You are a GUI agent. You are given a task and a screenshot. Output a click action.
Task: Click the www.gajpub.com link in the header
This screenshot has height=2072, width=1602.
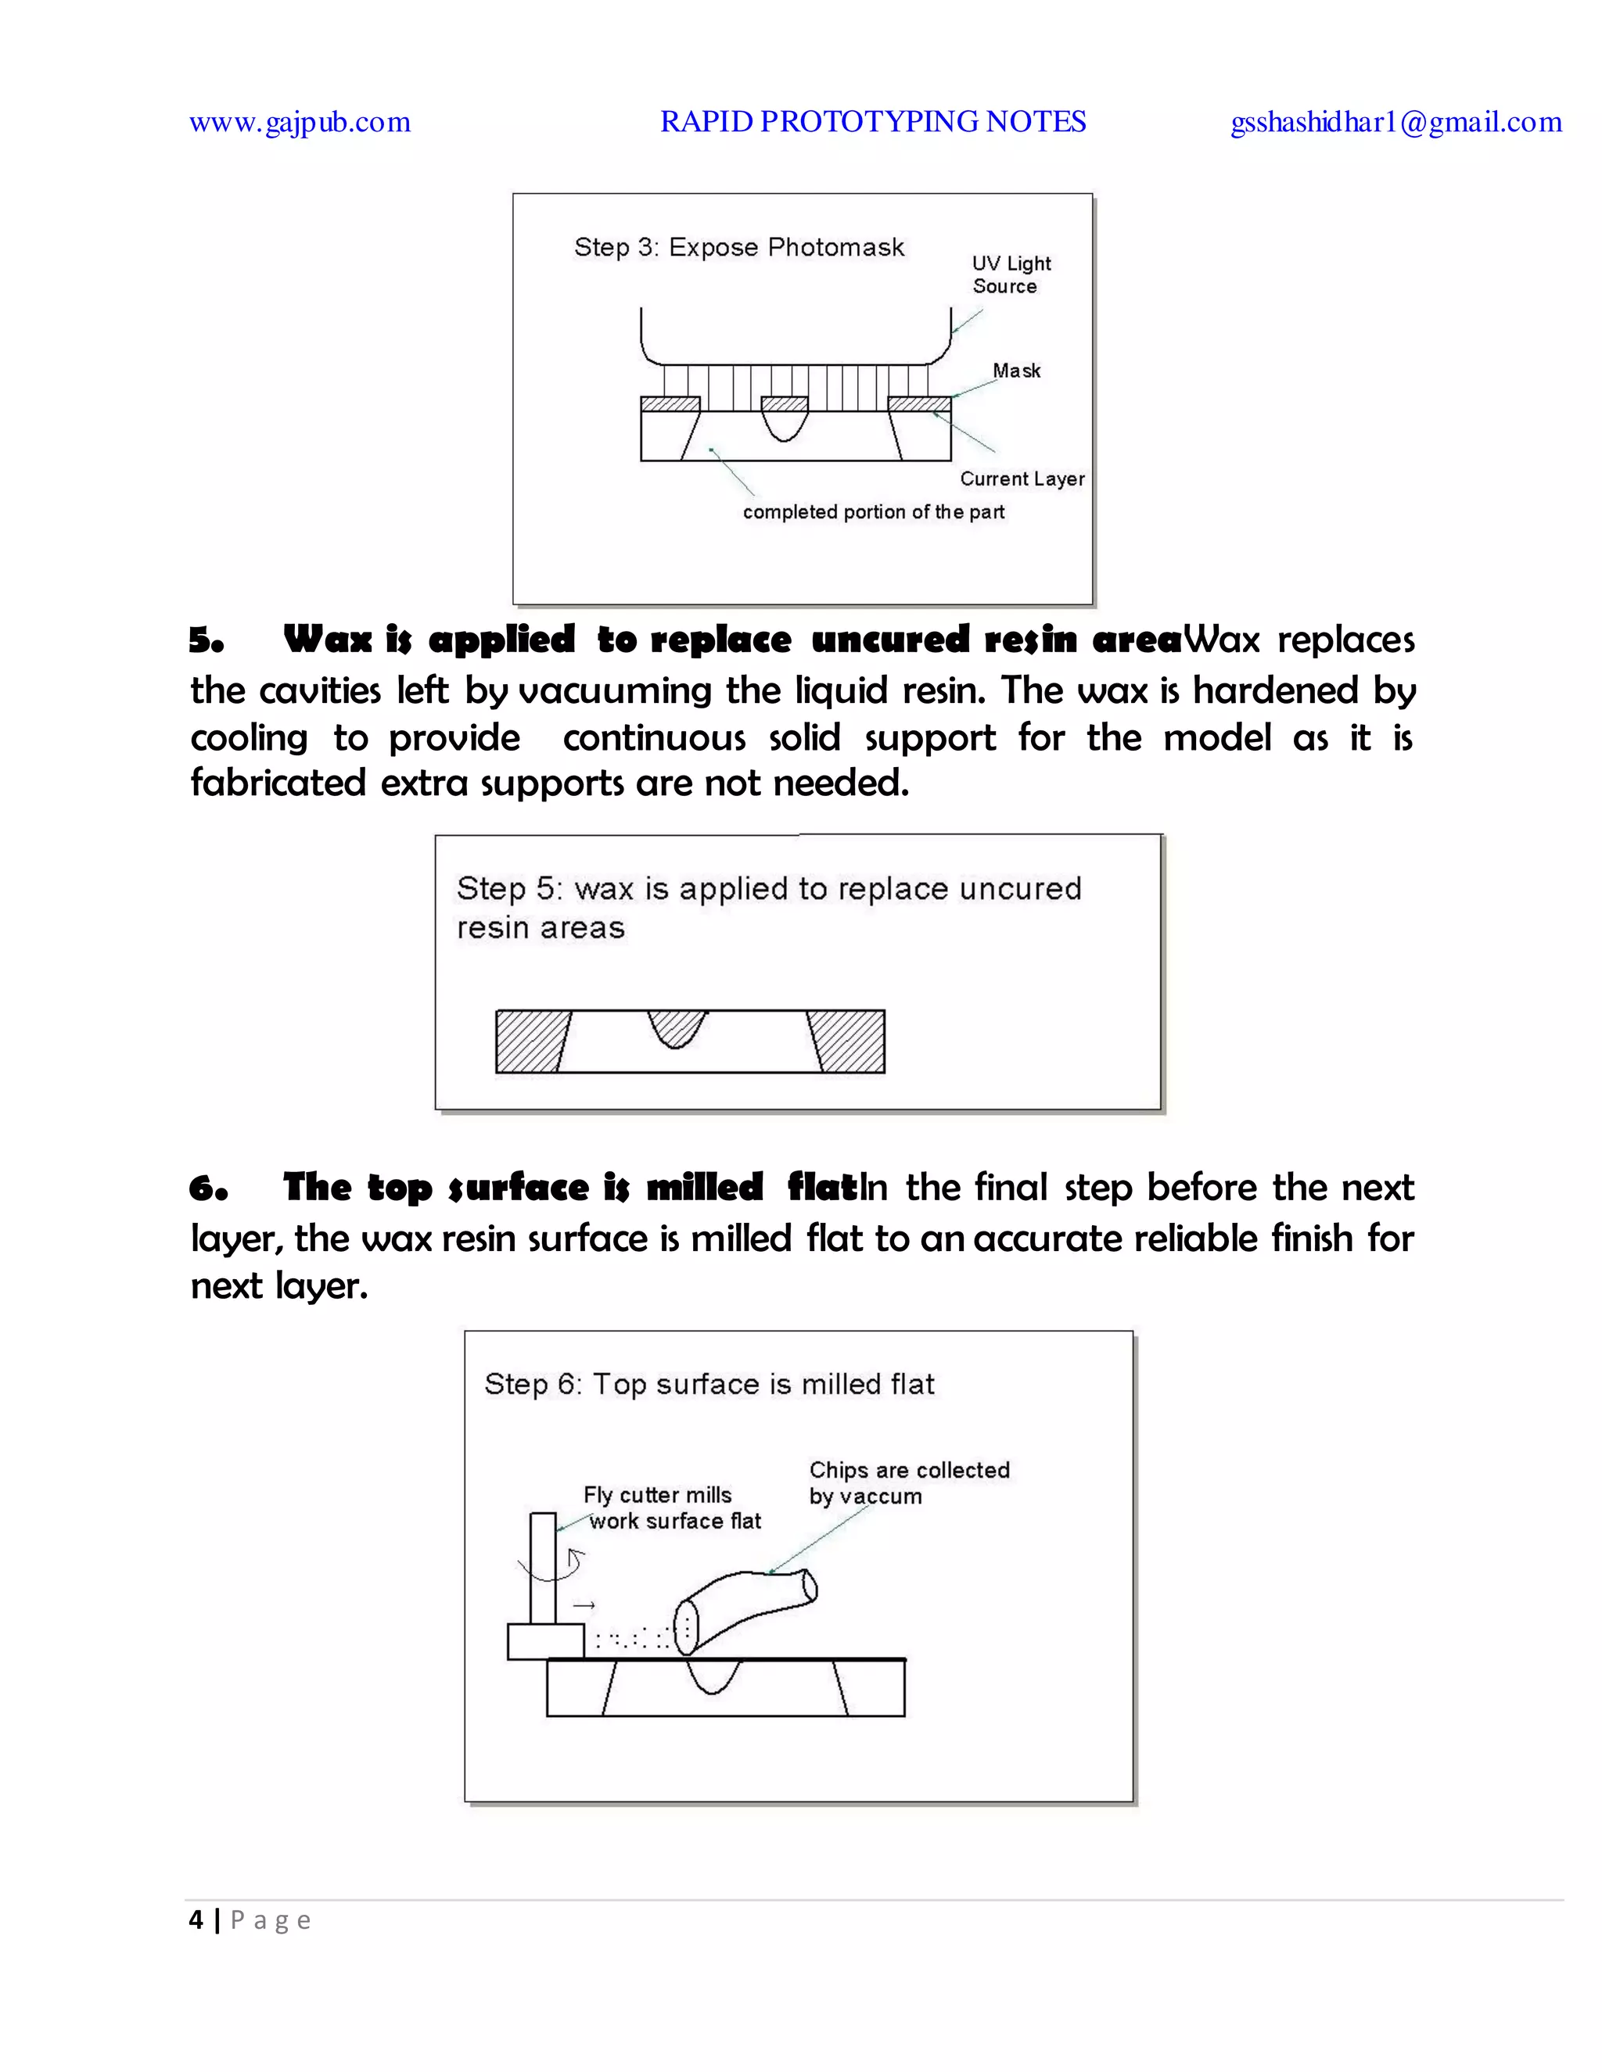299,123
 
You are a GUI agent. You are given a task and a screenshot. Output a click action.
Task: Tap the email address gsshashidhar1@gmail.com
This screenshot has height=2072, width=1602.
1395,123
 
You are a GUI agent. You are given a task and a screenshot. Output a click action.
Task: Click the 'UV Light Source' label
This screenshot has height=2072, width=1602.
1010,275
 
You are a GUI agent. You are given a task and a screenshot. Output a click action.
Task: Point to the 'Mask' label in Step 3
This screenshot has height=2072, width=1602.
1016,371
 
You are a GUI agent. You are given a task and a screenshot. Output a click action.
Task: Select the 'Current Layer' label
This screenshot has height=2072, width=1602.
1021,479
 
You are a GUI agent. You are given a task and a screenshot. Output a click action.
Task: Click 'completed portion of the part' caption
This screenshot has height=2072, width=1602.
873,512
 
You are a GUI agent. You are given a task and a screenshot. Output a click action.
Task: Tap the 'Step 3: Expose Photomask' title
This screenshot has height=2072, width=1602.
738,248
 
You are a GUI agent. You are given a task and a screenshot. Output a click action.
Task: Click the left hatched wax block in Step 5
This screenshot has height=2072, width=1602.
530,1041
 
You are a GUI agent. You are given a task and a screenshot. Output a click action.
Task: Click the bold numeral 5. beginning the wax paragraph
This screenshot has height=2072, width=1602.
206,641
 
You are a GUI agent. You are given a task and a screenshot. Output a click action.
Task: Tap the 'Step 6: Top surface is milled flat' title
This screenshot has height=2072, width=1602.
709,1384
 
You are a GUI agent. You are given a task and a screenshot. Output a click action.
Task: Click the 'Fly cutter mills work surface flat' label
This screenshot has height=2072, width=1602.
672,1507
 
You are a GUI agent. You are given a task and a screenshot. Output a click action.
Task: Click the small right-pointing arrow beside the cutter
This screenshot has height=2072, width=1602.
584,1605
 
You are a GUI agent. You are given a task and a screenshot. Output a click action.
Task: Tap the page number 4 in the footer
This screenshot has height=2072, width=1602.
196,1920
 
